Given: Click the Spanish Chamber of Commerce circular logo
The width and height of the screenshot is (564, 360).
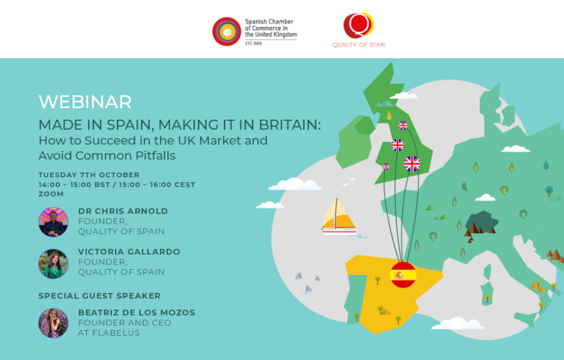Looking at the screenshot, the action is coord(227,32).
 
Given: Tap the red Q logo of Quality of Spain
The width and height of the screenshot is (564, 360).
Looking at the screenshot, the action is coord(358,25).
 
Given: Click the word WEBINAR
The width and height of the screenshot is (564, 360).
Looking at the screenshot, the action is coord(85,102).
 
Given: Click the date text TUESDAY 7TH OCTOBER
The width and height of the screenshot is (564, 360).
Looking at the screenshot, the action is coord(89,175).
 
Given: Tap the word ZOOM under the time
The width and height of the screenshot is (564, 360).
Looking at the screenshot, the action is coord(51,194).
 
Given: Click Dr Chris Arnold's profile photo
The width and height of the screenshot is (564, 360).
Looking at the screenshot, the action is coord(53,222).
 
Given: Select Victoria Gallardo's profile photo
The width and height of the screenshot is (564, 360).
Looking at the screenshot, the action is coord(53,264).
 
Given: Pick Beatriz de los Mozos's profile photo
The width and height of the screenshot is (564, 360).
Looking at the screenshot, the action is coord(53,323).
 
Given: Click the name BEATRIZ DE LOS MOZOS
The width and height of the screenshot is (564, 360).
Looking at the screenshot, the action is coord(137,312).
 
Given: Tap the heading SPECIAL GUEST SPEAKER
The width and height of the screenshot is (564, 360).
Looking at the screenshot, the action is coord(100,295).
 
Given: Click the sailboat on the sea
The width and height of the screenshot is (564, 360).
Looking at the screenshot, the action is coord(338,217).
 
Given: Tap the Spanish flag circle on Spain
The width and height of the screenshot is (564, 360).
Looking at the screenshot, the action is coord(403,275).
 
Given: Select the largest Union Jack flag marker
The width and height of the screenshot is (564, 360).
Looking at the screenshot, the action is coord(412,164).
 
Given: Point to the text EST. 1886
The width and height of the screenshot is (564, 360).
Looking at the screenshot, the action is coord(254,43).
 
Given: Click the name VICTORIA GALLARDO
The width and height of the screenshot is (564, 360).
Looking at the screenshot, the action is coord(129,252).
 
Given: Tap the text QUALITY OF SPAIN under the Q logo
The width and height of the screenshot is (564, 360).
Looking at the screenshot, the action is coord(358,45).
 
